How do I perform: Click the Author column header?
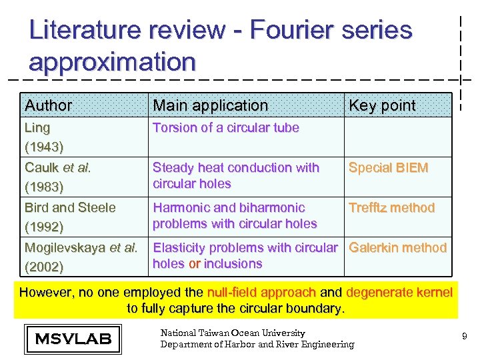point(49,105)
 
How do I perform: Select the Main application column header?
point(210,105)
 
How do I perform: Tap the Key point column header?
point(382,105)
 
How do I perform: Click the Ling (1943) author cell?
point(44,136)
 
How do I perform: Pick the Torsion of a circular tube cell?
point(225,127)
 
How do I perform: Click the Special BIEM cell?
point(388,168)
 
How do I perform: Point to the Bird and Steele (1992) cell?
point(70,217)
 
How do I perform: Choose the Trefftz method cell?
point(391,208)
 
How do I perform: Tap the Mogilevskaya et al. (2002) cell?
point(81,257)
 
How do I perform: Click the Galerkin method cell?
point(397,248)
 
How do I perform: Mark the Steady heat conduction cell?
point(235,175)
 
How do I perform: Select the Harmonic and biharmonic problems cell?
point(234,215)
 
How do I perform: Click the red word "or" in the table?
point(195,264)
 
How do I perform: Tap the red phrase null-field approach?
point(262,292)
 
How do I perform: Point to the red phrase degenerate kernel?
point(399,292)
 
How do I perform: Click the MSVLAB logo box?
point(73,339)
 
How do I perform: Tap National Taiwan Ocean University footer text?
point(233,333)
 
